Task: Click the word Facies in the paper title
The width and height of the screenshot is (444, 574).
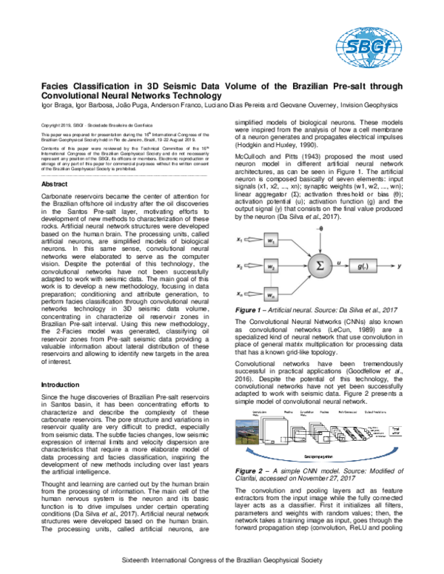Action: (x=57, y=87)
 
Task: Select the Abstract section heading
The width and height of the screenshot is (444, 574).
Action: (x=56, y=183)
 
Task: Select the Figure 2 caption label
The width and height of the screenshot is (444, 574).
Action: (x=252, y=470)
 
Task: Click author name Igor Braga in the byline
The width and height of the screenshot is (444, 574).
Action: (x=57, y=105)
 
